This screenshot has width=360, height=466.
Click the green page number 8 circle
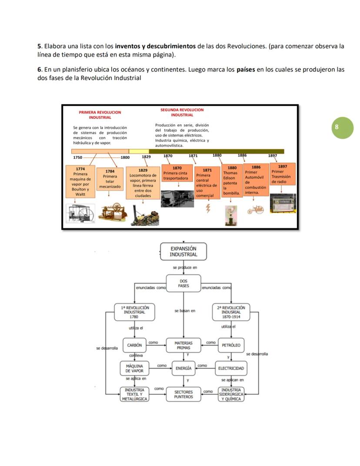[343, 128]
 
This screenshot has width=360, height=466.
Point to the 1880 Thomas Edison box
[232, 181]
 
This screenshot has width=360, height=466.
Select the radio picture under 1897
[283, 203]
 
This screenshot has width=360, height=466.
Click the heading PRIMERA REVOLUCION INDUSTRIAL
[100, 115]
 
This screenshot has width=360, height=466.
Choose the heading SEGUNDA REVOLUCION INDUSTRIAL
[182, 112]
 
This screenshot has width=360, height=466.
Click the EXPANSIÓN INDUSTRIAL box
[183, 251]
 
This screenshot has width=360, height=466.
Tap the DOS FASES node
[183, 284]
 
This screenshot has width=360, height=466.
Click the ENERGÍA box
[184, 368]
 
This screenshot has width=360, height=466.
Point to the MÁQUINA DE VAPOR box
[134, 368]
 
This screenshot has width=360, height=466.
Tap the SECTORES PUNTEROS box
[183, 394]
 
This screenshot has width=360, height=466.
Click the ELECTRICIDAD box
[231, 368]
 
